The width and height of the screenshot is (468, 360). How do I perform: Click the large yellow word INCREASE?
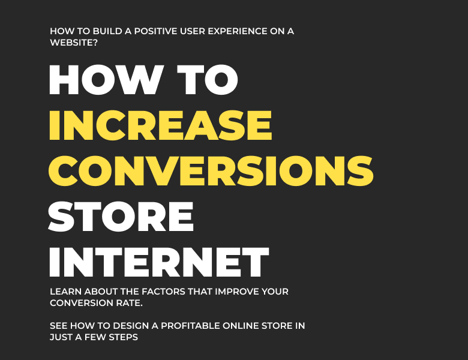point(160,125)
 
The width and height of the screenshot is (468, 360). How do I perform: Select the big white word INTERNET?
point(158,261)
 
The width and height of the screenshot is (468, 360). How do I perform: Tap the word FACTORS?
point(162,292)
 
